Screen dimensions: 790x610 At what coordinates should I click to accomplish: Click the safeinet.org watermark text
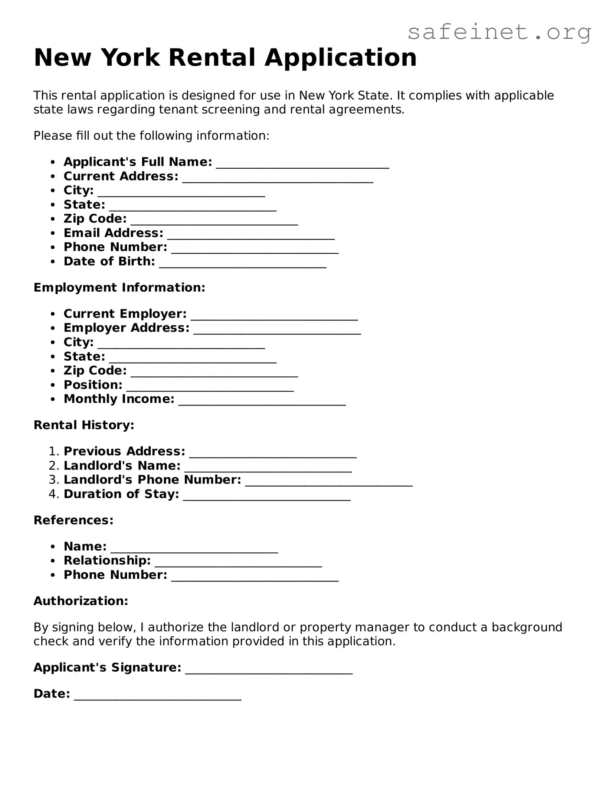499,33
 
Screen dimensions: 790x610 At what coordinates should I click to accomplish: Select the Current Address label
121,176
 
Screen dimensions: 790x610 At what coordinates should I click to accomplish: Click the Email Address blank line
251,236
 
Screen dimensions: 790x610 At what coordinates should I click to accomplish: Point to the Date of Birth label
109,261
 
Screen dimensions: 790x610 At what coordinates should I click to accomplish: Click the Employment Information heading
119,287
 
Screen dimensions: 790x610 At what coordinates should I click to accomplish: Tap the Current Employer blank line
274,317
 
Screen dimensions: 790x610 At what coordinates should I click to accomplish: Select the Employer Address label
127,328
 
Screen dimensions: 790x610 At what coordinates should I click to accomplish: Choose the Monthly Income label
119,399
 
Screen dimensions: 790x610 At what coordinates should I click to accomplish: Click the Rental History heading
84,425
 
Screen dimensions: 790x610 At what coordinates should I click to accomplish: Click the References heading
73,520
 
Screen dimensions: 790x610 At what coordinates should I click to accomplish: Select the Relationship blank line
238,564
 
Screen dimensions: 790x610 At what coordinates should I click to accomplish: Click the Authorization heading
81,601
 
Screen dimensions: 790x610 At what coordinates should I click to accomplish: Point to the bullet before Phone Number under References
53,575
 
